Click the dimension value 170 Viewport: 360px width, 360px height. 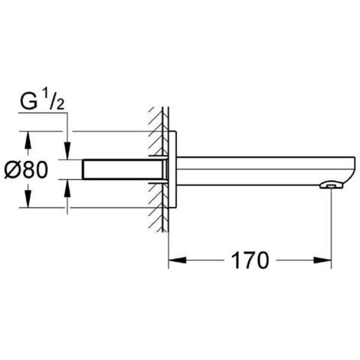[248, 260]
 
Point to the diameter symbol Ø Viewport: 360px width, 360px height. [14, 169]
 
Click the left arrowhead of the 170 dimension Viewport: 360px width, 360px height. [175, 260]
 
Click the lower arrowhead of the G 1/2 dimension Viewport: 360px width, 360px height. [68, 185]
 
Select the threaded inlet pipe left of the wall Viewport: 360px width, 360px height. [123, 169]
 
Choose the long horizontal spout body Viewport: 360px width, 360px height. [260, 169]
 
